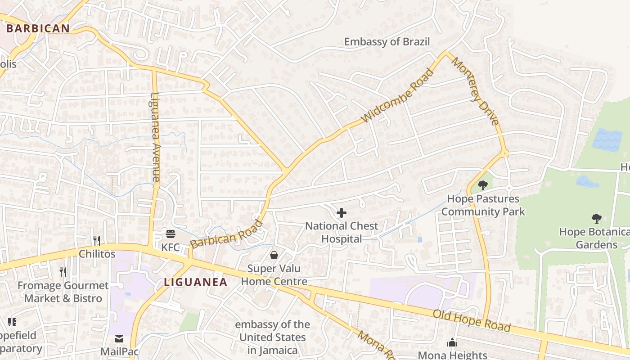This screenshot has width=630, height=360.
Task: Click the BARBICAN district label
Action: click(38, 28)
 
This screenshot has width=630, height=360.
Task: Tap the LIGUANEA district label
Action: click(195, 282)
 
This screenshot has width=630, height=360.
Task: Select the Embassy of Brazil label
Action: click(387, 42)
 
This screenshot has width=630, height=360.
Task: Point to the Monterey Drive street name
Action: click(476, 91)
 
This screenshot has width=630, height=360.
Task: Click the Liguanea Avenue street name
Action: click(156, 137)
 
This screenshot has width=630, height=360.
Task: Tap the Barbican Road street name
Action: click(226, 234)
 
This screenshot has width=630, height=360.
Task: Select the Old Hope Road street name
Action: click(472, 320)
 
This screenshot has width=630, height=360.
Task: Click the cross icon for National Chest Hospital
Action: click(342, 212)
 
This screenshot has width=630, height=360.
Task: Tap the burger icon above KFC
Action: click(170, 234)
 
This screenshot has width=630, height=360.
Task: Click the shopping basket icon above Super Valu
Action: click(274, 255)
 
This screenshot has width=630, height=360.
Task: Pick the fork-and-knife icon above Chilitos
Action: click(97, 240)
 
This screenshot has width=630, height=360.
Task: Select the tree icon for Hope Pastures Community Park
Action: click(483, 185)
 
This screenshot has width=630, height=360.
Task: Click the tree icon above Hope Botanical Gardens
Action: click(597, 219)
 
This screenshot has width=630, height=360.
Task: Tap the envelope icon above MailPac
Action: click(119, 338)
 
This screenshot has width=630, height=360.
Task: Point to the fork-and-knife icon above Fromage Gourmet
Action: click(63, 272)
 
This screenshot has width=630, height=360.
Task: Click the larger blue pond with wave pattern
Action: click(607, 139)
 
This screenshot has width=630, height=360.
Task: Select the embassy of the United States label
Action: click(272, 337)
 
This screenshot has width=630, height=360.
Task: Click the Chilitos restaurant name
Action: click(97, 254)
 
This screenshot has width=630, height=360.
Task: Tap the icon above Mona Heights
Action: click(452, 343)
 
